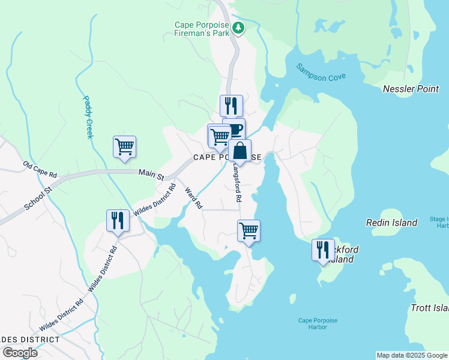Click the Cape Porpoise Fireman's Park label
201,29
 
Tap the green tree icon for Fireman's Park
238,27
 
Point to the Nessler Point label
411,89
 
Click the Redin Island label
392,223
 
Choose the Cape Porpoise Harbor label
318,324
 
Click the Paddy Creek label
88,117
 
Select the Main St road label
151,175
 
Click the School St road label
39,197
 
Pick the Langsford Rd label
237,183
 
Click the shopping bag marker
240,151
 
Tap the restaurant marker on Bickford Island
323,249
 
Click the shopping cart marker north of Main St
124,146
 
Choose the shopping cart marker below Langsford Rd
249,230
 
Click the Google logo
19,353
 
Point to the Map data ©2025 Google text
412,355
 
